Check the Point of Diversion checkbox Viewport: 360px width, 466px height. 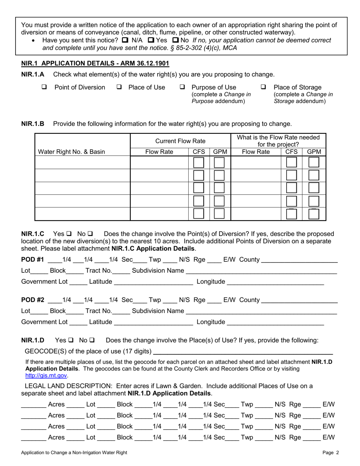click(x=44, y=87)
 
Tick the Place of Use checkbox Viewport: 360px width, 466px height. click(x=119, y=87)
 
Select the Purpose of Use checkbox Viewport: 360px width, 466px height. click(x=182, y=87)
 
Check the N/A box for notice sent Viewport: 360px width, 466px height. click(x=125, y=40)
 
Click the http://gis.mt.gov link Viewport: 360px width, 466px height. click(x=46, y=375)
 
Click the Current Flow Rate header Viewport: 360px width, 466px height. click(x=180, y=141)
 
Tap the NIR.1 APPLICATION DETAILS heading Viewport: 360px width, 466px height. click(x=95, y=64)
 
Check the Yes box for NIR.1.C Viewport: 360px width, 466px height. click(x=69, y=234)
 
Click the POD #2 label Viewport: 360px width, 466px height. click(x=33, y=300)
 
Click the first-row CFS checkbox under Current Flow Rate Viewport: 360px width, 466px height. click(x=199, y=163)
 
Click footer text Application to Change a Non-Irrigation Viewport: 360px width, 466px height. click(x=74, y=452)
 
